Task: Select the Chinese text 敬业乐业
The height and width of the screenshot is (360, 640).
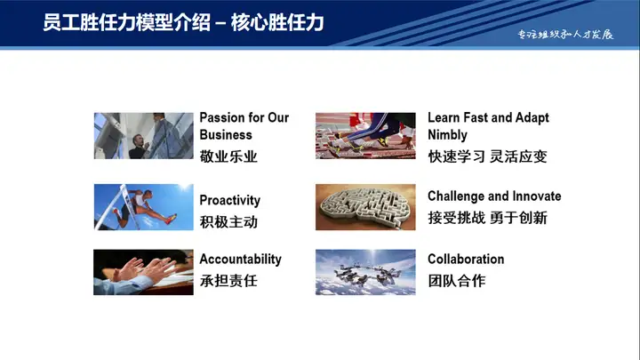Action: pos(228,156)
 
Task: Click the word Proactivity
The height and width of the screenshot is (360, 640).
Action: pos(229,200)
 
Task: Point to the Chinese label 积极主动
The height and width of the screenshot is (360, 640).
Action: pos(228,221)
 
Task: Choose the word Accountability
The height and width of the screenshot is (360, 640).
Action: pos(240,260)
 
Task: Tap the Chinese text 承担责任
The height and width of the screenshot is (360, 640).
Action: pos(228,281)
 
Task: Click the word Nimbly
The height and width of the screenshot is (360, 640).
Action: pos(447,135)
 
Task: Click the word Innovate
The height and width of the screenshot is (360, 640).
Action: pos(533,196)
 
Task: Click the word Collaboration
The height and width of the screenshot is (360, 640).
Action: pos(466,260)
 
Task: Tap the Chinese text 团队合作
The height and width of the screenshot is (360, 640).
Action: pos(457,281)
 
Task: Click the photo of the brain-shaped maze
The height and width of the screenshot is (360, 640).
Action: pos(365,206)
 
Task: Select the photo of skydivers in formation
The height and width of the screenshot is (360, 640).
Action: pos(365,272)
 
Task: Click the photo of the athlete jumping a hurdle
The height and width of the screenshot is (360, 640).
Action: pos(143,206)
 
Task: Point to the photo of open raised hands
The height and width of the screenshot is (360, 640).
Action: pos(143,272)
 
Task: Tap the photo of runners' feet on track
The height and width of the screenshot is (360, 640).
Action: pos(365,135)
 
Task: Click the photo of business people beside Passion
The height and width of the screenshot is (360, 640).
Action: pos(143,135)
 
